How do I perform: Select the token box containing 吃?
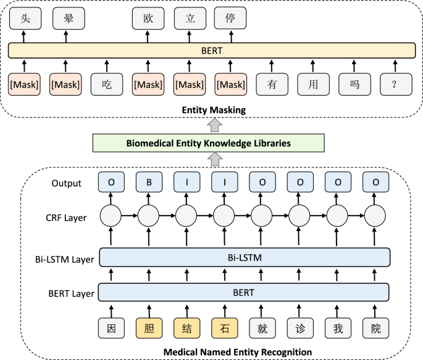107,84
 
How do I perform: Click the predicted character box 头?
24,19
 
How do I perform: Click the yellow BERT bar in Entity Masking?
212,50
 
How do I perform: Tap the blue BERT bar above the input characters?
245,291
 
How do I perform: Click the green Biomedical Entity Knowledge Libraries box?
208,143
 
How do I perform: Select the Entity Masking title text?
213,110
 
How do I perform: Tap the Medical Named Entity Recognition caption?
237,352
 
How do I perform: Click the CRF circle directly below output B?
148,217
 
